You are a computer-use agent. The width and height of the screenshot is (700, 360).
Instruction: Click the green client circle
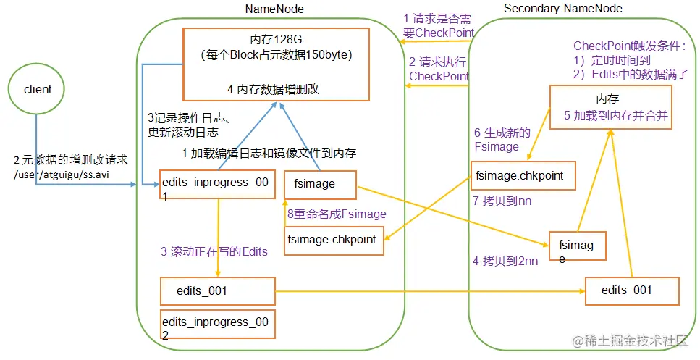pos(38,90)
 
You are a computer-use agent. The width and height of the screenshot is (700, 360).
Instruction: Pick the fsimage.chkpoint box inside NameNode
pos(332,240)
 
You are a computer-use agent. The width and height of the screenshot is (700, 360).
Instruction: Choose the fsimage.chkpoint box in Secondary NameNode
pos(518,175)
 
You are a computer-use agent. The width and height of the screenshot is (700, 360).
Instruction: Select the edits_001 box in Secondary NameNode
pos(632,290)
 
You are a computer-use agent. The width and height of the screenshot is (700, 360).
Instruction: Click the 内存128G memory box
pos(276,64)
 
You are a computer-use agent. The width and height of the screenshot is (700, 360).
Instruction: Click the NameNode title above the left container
pos(274,9)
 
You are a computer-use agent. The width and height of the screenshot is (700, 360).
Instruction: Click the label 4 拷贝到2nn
pos(505,261)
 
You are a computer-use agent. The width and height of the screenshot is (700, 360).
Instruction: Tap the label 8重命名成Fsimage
pos(337,214)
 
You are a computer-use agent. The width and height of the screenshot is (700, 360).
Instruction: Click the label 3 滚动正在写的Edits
pos(214,251)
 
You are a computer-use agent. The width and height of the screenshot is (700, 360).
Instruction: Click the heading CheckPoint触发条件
pos(628,46)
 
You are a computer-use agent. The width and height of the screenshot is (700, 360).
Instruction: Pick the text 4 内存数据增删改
pos(273,90)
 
